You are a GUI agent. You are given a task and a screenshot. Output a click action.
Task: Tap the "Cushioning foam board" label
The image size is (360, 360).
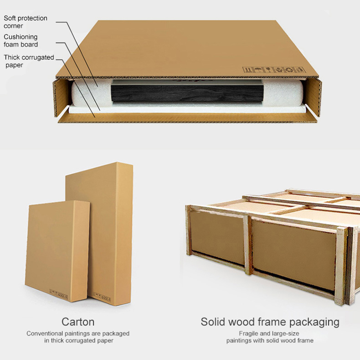point(21,41)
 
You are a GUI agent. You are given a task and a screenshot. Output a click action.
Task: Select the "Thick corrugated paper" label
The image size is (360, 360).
point(29,61)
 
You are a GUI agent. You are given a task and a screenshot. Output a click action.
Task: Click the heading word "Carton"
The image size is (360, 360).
point(78,322)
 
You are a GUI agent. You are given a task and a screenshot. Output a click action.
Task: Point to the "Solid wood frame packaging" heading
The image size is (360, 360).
point(270,322)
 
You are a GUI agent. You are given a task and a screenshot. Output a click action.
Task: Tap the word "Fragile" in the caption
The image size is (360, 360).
point(249,333)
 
